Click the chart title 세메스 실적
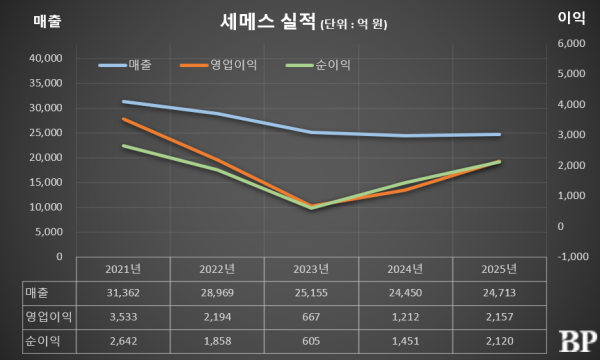coord(268,21)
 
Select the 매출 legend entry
coord(125,65)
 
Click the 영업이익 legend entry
coord(218,65)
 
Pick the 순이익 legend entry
coord(318,65)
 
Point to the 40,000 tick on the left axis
coord(46,58)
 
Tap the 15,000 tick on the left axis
coord(46,182)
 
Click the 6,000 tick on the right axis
coord(571,43)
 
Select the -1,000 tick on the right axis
coord(573,256)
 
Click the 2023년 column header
coord(311,269)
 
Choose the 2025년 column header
coord(499,269)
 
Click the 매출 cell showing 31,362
coord(123,293)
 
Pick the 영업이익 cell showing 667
coord(311,317)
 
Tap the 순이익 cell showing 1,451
coord(405,341)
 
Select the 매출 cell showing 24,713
coord(499,293)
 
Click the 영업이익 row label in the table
coord(49,317)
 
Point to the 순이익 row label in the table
coord(42,340)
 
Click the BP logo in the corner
coord(578,341)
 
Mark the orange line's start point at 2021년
coord(123,119)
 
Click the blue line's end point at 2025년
coord(499,134)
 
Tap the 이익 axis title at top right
coord(571,18)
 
